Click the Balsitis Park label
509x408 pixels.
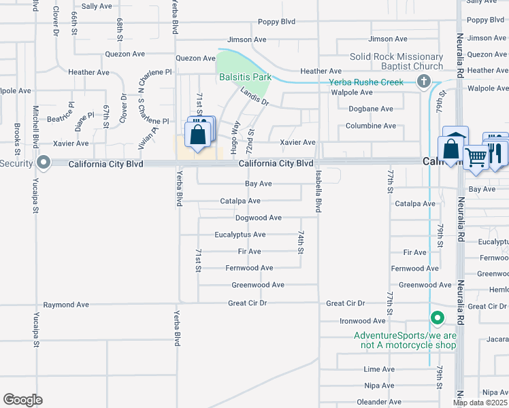(x=245, y=77)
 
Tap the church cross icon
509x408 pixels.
(x=424, y=82)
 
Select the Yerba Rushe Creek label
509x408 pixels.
(x=366, y=82)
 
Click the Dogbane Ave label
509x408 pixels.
(x=370, y=109)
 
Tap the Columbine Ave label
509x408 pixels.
(x=370, y=126)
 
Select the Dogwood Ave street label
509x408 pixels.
(x=258, y=218)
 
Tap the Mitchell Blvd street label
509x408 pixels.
(x=35, y=126)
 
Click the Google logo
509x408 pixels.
(x=23, y=400)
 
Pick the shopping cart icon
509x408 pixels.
(x=476, y=156)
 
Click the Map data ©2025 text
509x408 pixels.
(x=480, y=403)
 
